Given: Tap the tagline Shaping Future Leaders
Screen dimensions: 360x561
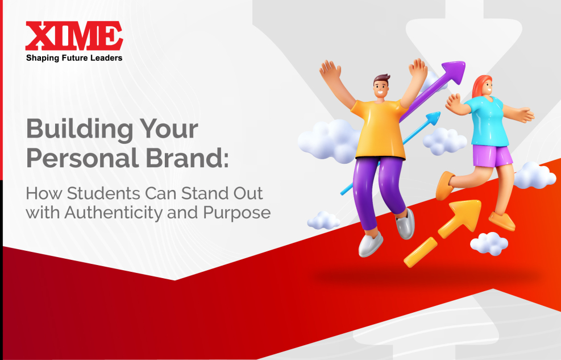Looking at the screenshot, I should point(74,57).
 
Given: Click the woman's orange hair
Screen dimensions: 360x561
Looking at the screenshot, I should point(480,85).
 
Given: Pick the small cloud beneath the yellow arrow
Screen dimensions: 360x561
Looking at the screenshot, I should point(489,243).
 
